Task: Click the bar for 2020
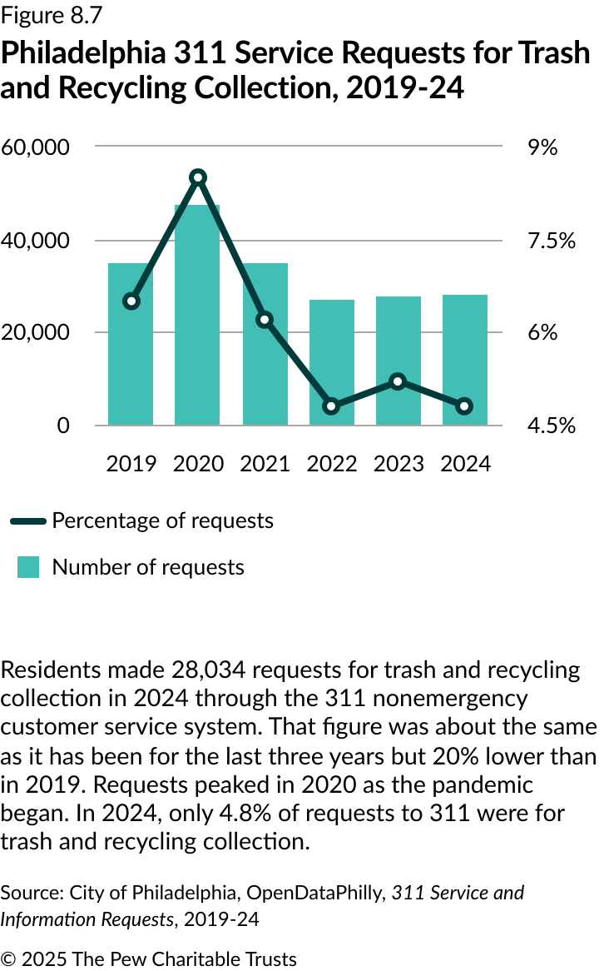click(197, 316)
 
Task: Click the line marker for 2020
click(197, 177)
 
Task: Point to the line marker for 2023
click(399, 381)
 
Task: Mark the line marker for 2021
click(265, 320)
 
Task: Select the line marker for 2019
click(131, 301)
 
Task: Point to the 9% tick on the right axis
click(542, 147)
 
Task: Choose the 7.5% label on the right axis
click(552, 241)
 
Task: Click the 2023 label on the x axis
click(399, 464)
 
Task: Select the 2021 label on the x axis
click(265, 464)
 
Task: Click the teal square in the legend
click(28, 567)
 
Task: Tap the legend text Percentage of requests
click(162, 520)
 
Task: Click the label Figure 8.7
click(52, 16)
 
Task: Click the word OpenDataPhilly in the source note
click(314, 894)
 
